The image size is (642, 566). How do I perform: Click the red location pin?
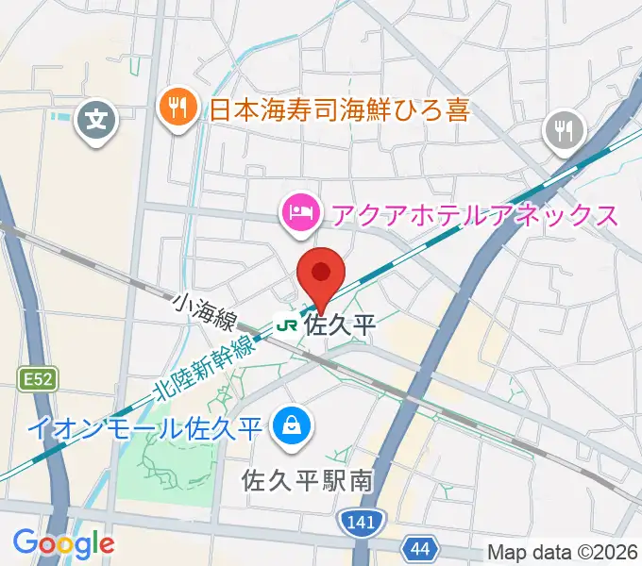click(321, 275)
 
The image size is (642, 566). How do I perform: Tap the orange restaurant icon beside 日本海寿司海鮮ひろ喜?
click(177, 106)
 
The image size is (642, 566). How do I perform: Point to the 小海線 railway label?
click(203, 311)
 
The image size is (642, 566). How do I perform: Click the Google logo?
click(63, 542)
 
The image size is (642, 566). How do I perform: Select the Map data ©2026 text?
click(563, 552)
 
